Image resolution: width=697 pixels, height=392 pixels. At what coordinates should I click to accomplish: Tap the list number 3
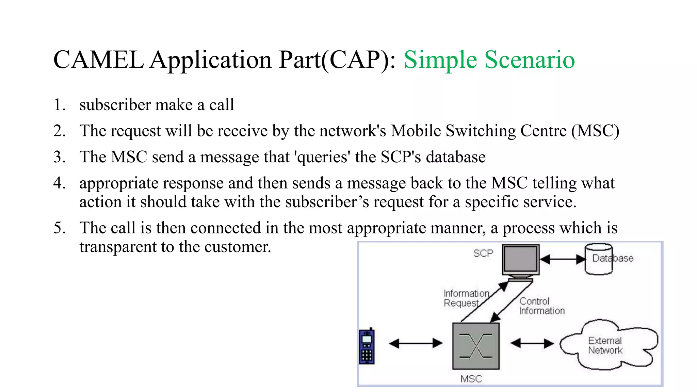(59, 157)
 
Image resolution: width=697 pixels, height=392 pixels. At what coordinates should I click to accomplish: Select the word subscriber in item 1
(115, 105)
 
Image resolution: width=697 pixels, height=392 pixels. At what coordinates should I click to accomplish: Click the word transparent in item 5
(118, 247)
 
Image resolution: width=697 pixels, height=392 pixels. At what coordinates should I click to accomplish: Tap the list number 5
(59, 228)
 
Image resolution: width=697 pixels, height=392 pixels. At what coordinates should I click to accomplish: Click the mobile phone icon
(367, 346)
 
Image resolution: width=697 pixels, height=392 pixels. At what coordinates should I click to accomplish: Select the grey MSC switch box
(475, 346)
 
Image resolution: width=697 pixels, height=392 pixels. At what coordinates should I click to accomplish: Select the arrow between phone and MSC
(416, 343)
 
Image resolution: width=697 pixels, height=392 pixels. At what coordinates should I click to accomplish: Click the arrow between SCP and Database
(562, 259)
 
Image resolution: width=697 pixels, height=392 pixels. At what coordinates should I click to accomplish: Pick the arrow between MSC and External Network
(532, 343)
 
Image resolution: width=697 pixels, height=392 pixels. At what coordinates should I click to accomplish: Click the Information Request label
(466, 298)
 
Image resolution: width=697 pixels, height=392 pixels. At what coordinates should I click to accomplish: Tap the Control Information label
(541, 306)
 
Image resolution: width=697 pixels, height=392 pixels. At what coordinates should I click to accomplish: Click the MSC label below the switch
(471, 379)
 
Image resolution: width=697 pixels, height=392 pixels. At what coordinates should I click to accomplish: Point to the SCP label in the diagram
(483, 253)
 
